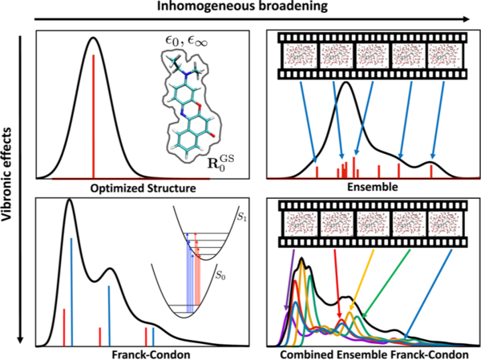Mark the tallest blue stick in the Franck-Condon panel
coord(71,292)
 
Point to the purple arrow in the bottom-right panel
coord(289,281)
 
